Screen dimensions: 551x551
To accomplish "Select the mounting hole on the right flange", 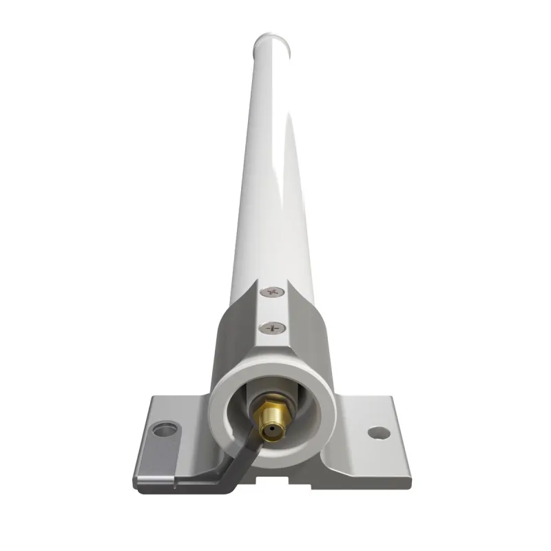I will coord(377,433).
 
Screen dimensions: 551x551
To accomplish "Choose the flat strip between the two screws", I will coord(273,309).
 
